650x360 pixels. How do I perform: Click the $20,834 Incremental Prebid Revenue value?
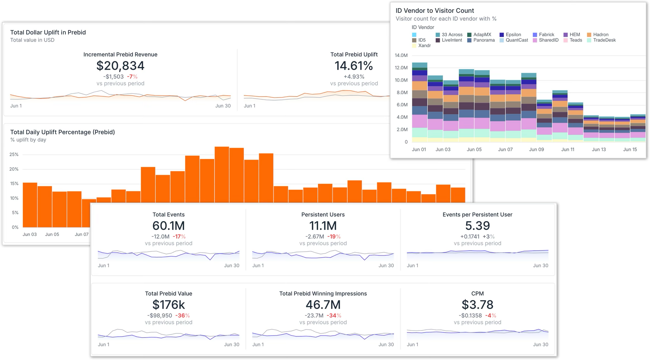(120, 66)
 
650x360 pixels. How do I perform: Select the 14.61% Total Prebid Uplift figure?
(354, 66)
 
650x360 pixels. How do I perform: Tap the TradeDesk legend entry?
(604, 40)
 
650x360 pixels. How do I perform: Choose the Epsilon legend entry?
(513, 35)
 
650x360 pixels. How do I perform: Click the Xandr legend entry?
(424, 45)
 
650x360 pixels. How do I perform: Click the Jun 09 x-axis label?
(536, 149)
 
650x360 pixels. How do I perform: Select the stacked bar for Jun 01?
(419, 102)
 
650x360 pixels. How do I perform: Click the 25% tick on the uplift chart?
(14, 154)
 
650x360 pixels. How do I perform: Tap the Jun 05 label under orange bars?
(52, 234)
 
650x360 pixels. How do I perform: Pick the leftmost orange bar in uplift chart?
(30, 205)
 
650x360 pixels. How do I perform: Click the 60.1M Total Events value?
(168, 226)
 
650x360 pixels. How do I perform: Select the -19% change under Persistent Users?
(334, 236)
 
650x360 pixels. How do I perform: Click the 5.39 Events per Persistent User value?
(477, 226)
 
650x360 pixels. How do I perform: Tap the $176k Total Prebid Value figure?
(168, 304)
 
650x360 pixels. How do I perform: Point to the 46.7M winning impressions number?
(323, 304)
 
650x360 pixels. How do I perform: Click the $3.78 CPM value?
(477, 304)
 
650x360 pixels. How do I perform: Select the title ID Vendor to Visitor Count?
(435, 10)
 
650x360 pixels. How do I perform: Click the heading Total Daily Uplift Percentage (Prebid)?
(62, 132)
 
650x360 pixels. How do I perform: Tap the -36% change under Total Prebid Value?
(182, 315)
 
